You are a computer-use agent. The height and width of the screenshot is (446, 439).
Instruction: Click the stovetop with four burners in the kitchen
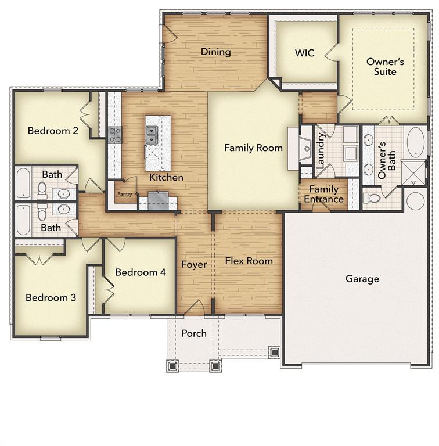coord(115,135)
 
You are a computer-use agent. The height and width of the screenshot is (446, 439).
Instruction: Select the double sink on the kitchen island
coord(151,135)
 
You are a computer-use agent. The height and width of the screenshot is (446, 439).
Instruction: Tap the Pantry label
coord(125,195)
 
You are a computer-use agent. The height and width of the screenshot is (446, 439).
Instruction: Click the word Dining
coord(215,52)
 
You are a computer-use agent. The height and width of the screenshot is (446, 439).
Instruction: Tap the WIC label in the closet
coord(304,53)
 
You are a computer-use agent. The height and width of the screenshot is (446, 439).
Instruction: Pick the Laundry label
coord(320,150)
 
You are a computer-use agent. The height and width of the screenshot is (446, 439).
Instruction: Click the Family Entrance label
coord(323,194)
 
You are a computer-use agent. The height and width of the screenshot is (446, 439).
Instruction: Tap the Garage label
coord(362,279)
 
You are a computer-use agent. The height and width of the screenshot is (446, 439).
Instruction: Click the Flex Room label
coord(249,261)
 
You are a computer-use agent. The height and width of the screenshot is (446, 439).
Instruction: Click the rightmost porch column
coord(274,351)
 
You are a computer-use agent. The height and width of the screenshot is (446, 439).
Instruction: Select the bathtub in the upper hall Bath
coord(23,182)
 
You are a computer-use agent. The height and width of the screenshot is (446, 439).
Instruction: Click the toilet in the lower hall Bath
coord(42,213)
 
